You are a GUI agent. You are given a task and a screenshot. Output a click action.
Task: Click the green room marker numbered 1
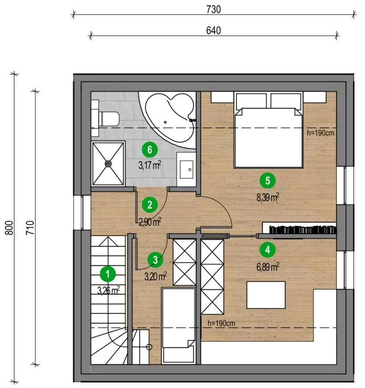coord(108,274)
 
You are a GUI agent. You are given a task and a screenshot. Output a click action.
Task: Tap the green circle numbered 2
coord(150,205)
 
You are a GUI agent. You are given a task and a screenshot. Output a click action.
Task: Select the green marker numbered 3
coord(155,260)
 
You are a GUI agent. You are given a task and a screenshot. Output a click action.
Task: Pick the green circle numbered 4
coord(268,250)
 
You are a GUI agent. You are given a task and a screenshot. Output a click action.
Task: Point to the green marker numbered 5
coord(268,181)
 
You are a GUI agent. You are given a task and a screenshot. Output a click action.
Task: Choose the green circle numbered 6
coord(150,150)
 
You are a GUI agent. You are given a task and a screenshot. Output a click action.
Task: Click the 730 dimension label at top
coord(213,9)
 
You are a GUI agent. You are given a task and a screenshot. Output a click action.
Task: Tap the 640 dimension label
coord(213,30)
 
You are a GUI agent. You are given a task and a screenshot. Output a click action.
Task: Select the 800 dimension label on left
coord(9,227)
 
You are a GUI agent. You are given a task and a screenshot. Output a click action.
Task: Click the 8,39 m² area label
coord(268,198)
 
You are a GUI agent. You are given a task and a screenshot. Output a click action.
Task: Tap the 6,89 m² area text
coord(268,267)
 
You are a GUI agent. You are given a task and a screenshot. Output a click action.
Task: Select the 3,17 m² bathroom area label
coord(150,165)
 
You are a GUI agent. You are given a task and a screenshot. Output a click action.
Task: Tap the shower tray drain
coord(108,164)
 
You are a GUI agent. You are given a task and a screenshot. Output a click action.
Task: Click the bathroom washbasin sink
coord(187,169)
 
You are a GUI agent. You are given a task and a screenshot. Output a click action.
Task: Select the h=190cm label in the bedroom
coord(320,133)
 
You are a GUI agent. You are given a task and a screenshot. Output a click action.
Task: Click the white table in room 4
coord(266,295)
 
